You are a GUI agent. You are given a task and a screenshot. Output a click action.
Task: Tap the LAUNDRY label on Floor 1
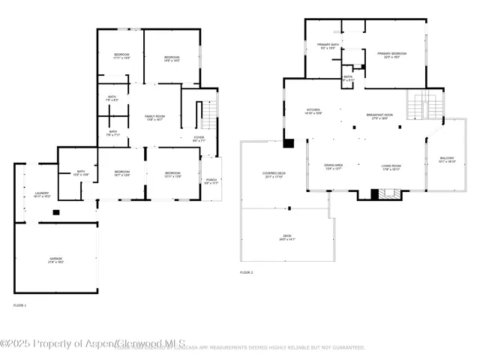[x=42, y=195]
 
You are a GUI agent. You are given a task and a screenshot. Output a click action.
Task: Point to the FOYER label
[x=199, y=139]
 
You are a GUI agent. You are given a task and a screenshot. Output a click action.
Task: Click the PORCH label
[x=211, y=182]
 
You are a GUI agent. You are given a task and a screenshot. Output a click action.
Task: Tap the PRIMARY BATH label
[x=328, y=46]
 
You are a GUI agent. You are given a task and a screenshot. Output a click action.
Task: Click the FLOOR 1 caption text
[x=20, y=305]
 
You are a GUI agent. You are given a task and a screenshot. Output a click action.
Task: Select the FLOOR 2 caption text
[x=246, y=272]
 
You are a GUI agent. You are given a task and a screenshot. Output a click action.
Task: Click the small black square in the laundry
[x=55, y=212]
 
